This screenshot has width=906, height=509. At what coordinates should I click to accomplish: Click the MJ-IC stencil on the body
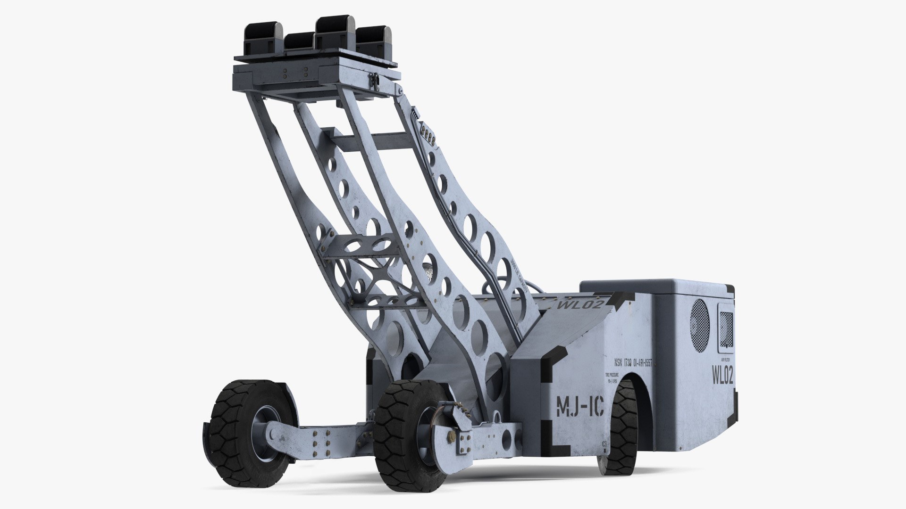[580, 406]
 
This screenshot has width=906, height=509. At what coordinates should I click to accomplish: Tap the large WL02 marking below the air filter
[722, 375]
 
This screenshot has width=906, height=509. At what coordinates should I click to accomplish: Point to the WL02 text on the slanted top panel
[580, 304]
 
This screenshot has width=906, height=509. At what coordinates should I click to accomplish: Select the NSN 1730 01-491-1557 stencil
[633, 363]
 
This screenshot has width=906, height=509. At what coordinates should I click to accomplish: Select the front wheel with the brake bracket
[406, 436]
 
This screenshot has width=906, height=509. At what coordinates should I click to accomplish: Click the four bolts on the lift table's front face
[295, 73]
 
